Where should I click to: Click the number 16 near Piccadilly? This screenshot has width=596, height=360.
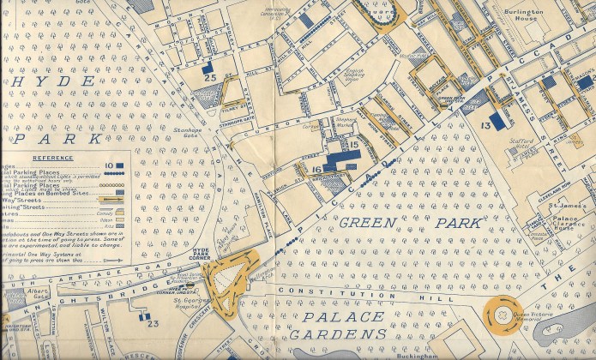[x=316, y=171]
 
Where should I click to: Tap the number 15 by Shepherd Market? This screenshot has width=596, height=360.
[x=353, y=145]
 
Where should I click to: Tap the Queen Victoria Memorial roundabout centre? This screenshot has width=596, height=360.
[x=500, y=315]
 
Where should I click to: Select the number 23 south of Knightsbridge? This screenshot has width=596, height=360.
[x=154, y=323]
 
